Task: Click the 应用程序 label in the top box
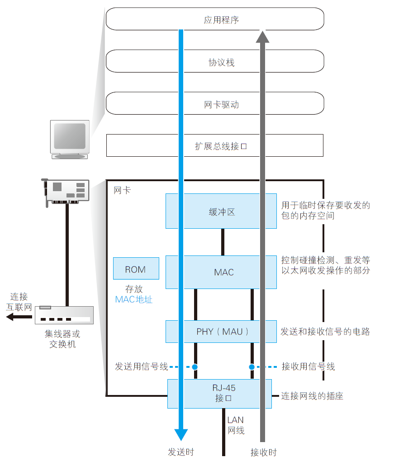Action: [x=221, y=20]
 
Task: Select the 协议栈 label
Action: [x=221, y=63]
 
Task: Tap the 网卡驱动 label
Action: [x=221, y=105]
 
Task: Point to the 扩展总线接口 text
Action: [x=221, y=146]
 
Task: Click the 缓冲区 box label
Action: [x=222, y=212]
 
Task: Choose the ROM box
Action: [x=136, y=270]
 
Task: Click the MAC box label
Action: [x=224, y=272]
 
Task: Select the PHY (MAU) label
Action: [x=223, y=332]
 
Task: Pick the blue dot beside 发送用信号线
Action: [x=195, y=366]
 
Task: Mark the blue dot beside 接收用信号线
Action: [x=252, y=366]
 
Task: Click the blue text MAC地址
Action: [x=134, y=299]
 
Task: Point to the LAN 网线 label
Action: [x=235, y=425]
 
